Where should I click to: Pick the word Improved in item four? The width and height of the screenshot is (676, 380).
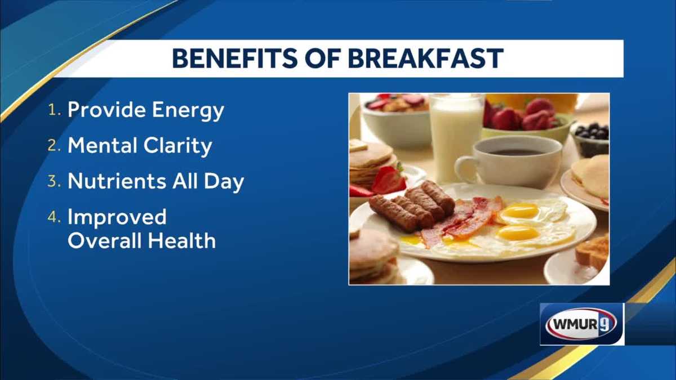point(117,217)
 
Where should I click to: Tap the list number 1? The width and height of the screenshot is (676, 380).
point(54,111)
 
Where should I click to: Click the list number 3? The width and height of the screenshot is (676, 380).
point(54,182)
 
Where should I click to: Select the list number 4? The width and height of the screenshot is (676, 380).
point(54,217)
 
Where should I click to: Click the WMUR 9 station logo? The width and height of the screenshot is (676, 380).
point(581,324)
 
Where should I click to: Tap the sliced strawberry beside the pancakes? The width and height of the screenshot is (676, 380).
point(389,181)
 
